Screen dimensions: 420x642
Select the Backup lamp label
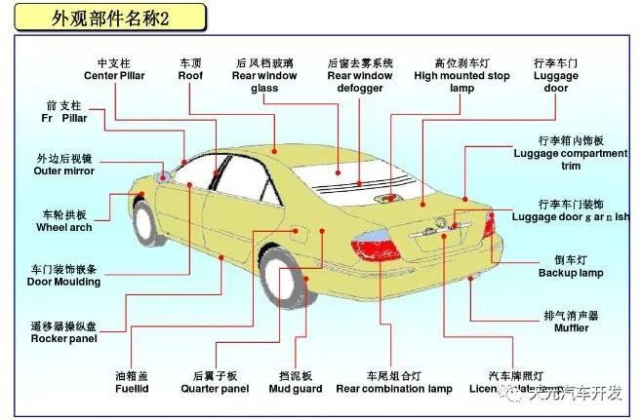click(x=571, y=267)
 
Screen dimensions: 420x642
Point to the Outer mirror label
click(x=64, y=165)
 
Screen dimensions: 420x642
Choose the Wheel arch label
click(x=64, y=220)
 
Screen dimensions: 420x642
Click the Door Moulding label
click(x=63, y=276)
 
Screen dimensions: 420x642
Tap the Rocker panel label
click(x=63, y=332)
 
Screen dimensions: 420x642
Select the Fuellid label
click(x=132, y=383)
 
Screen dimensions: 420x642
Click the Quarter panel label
click(x=215, y=383)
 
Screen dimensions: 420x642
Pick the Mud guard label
click(x=295, y=383)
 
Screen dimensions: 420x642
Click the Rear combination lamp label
click(x=393, y=383)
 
